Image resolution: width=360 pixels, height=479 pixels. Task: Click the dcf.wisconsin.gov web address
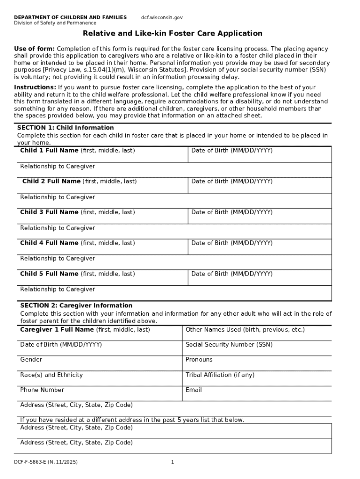162,17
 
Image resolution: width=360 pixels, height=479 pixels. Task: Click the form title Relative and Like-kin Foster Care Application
173,33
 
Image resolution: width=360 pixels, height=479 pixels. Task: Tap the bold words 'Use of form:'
34,49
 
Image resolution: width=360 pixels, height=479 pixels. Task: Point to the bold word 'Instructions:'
35,87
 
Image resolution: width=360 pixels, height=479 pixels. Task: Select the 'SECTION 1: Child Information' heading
65,128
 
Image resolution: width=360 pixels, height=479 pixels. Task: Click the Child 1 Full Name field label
77,151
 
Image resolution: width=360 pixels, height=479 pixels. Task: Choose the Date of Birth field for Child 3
231,212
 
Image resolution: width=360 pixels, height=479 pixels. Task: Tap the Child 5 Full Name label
77,274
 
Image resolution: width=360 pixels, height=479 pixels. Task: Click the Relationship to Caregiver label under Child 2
58,197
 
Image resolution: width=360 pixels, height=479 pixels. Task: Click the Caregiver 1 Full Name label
85,330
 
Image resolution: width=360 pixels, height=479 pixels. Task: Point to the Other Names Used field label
245,330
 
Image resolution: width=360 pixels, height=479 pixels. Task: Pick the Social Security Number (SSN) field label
229,345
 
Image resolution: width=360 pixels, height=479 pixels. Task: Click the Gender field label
31,360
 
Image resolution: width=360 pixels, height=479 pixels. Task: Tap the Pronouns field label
199,360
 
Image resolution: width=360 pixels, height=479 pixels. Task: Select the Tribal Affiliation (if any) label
220,375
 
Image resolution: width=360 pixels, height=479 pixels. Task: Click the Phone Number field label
42,390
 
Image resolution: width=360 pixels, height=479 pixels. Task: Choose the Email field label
194,390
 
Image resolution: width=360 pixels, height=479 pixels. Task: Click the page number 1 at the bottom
173,462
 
